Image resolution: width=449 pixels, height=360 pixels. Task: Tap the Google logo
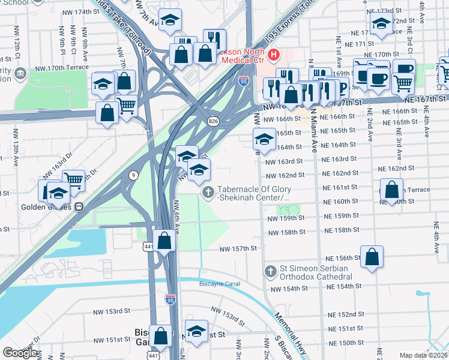click(x=19, y=353)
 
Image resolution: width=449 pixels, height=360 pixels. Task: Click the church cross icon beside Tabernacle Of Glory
click(x=208, y=192)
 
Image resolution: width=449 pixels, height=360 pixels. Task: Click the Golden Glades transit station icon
click(x=79, y=208)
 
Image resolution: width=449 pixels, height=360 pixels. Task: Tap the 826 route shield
click(x=214, y=121)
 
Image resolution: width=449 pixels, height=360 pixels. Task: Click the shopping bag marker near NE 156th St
click(x=372, y=257)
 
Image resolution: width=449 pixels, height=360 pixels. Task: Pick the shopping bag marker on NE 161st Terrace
click(x=391, y=190)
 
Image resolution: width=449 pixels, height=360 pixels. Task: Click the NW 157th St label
click(x=238, y=248)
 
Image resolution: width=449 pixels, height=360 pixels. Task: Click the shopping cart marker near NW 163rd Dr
click(x=73, y=179)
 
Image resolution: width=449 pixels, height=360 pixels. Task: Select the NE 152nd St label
click(x=346, y=314)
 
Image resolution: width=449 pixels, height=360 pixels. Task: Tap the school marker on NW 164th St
click(x=264, y=140)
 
